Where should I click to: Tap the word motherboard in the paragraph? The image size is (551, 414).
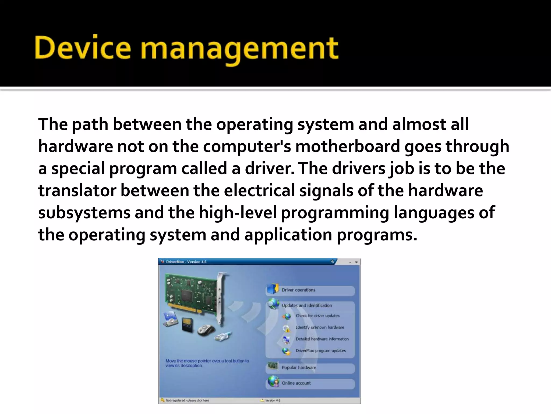(x=348, y=146)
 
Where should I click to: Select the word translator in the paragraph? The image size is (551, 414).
(x=77, y=191)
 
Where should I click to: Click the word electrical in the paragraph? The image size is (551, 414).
(x=259, y=191)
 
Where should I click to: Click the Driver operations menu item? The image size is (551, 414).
(x=298, y=290)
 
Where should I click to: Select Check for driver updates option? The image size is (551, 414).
(x=317, y=316)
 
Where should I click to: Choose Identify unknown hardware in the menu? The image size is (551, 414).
(x=320, y=327)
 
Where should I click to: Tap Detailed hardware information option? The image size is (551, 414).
(x=322, y=339)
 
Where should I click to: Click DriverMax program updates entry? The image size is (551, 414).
(x=320, y=351)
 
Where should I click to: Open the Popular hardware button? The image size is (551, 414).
(x=299, y=368)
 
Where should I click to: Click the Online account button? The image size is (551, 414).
(x=296, y=383)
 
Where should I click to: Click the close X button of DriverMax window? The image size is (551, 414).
(x=356, y=262)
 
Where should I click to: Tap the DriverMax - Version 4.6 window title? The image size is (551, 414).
(x=186, y=262)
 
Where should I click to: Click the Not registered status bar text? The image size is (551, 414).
(x=187, y=400)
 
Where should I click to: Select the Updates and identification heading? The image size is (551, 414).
(x=306, y=305)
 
